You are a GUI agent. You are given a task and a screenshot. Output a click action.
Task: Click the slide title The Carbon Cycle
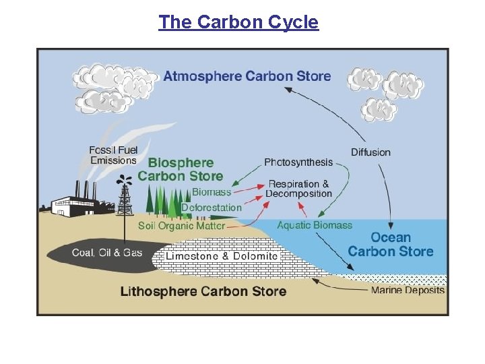238,22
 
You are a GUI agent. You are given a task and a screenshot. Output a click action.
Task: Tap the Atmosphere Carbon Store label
247,75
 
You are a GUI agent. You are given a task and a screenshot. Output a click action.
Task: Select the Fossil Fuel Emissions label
113,155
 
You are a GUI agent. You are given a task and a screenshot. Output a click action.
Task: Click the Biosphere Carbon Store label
180,169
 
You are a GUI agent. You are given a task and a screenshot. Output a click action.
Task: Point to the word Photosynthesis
298,162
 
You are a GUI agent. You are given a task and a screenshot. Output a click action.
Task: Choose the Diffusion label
370,152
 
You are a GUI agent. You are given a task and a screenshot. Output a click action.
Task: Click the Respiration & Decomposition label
299,188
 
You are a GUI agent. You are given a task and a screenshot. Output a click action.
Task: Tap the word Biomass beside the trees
212,192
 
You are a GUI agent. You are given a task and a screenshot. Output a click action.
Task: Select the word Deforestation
211,208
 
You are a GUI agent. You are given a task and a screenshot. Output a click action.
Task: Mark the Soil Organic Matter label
181,226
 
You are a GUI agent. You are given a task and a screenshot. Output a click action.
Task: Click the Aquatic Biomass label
315,224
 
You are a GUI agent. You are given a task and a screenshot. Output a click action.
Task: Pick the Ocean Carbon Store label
391,244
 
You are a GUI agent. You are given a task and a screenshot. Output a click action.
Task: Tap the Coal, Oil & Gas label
108,253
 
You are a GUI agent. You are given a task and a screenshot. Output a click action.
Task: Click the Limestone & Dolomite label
222,256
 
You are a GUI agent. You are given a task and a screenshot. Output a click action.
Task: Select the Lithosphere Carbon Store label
203,291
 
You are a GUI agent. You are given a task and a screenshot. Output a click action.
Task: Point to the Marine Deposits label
408,291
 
